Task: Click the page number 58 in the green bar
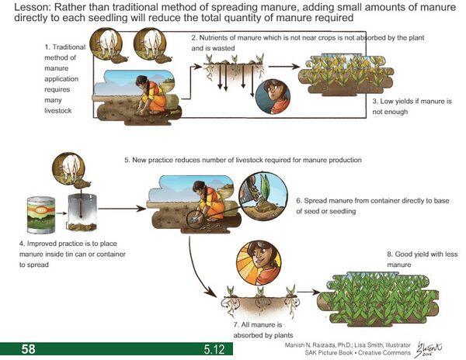28,348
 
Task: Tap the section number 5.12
214,349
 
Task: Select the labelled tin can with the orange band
41,215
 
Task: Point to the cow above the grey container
69,168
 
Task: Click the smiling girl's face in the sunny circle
259,262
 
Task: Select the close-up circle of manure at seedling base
263,196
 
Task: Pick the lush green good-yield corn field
377,299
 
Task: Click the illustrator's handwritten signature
429,349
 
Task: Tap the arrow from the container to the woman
122,209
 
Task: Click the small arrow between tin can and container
61,213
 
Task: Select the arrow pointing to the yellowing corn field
284,67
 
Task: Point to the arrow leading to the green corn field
308,292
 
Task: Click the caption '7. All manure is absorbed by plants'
263,330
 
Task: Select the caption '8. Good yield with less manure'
423,259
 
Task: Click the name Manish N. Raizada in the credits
310,345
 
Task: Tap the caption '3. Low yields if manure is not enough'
412,106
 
